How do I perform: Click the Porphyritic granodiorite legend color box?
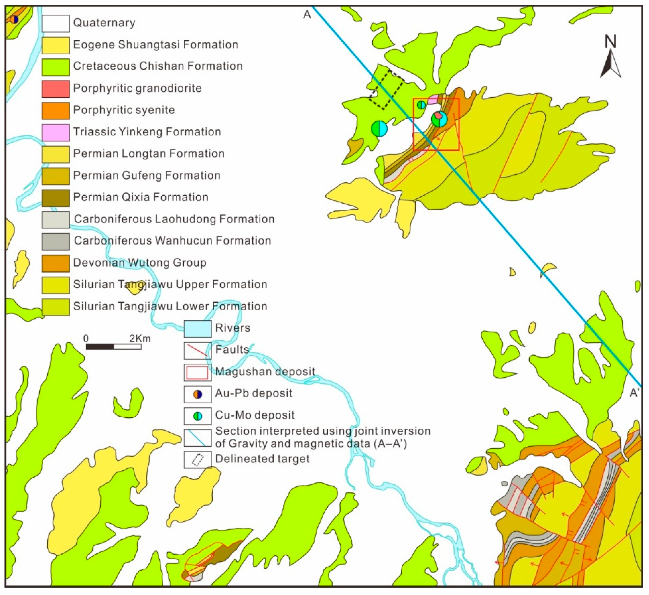(55, 89)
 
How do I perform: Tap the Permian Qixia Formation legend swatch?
(55, 198)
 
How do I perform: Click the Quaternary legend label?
(104, 23)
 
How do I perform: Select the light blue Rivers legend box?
(197, 329)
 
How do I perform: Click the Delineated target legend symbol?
(197, 460)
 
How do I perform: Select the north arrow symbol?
(610, 61)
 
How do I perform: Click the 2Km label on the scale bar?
(140, 338)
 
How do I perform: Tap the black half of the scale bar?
(100, 347)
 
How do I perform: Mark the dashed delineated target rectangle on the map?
(386, 89)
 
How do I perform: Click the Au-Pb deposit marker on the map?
(14, 19)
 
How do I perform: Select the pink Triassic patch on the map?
(433, 99)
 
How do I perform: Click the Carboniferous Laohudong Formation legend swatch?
(55, 219)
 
